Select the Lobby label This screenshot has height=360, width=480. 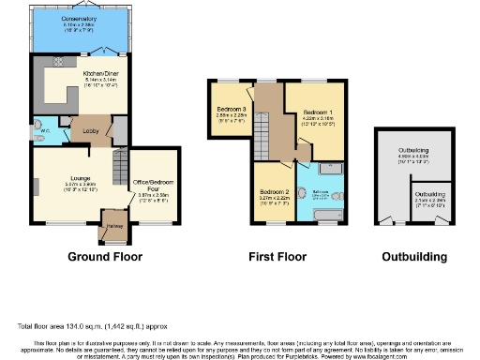91,131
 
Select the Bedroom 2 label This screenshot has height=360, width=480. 275,192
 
